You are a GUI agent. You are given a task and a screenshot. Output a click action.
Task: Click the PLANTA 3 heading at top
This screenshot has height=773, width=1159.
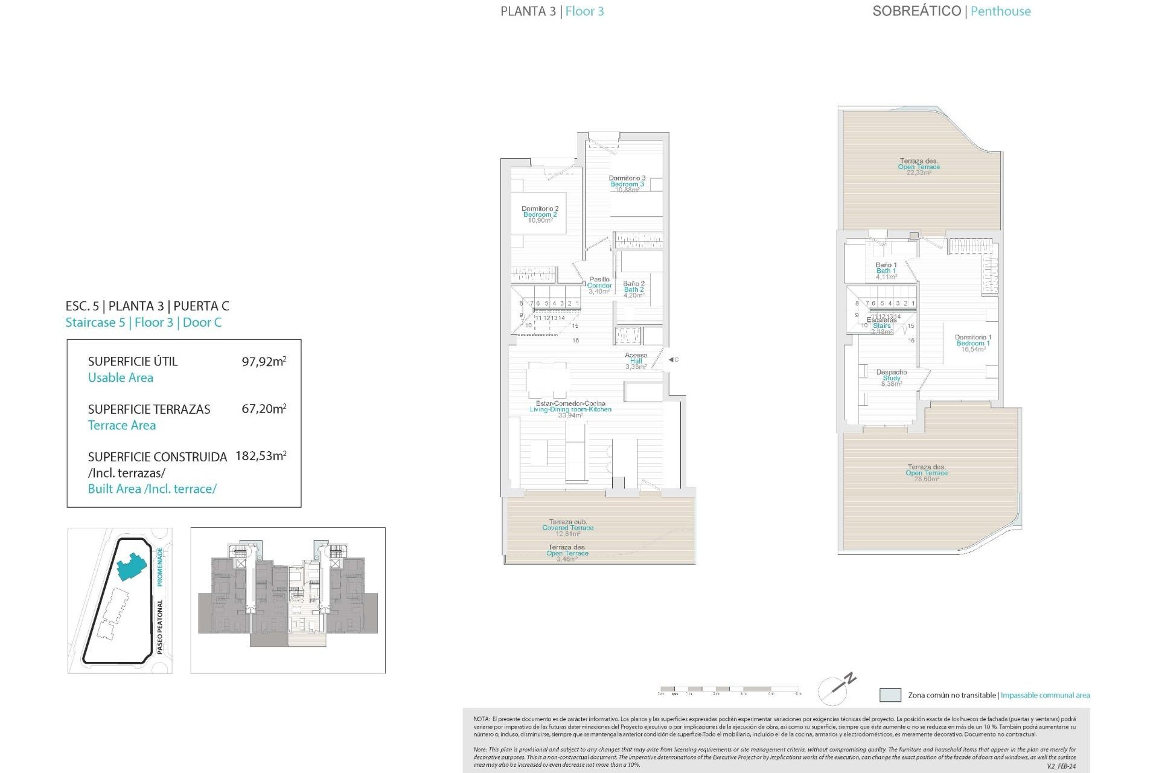(x=528, y=11)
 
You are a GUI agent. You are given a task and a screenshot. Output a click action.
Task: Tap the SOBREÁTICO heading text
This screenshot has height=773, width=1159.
(x=916, y=11)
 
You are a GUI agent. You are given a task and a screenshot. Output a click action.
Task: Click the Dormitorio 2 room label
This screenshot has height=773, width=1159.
(x=540, y=214)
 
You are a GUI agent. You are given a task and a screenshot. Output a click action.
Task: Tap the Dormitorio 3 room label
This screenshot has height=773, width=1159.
(x=627, y=184)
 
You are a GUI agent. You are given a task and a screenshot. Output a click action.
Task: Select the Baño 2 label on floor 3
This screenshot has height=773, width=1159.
(x=634, y=289)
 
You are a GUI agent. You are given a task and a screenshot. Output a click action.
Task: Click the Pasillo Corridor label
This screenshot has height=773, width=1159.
(x=599, y=285)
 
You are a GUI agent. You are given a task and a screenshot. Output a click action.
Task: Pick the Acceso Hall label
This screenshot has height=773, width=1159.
(x=636, y=361)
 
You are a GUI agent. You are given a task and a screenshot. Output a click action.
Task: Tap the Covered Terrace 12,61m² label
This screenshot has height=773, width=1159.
(x=567, y=527)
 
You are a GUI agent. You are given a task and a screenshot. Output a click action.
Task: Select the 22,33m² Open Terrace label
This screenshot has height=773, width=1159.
(x=919, y=167)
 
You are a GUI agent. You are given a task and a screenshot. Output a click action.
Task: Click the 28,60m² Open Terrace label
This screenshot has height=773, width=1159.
(x=927, y=472)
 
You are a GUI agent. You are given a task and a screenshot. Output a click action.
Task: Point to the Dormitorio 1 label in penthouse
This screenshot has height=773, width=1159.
(x=972, y=343)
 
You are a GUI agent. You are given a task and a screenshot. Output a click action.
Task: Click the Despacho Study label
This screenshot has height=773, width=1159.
(x=892, y=377)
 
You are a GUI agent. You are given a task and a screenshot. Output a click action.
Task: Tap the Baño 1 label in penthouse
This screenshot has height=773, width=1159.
(x=886, y=271)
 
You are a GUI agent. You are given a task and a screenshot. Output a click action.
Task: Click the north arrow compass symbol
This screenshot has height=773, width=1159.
(x=837, y=688)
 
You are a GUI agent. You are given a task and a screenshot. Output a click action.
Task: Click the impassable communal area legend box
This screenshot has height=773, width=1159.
(x=890, y=695)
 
